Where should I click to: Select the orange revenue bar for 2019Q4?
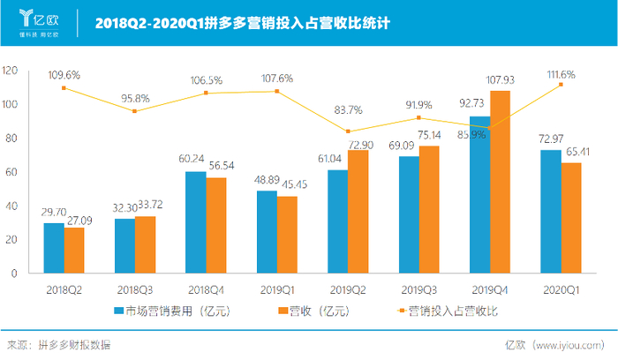click(x=500, y=182)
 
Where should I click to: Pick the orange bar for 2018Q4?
click(x=215, y=226)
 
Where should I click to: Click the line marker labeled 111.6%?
click(x=561, y=85)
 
